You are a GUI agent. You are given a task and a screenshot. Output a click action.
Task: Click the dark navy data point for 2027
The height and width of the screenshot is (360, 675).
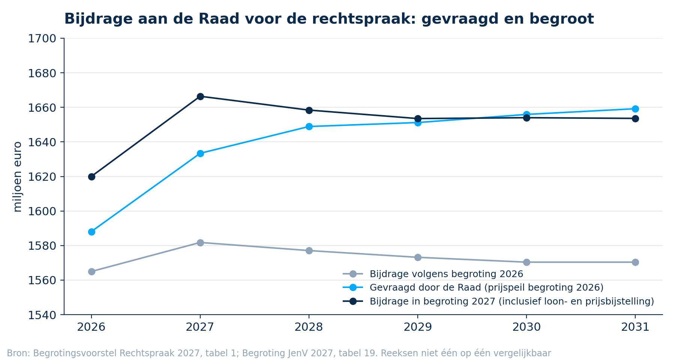point(200,96)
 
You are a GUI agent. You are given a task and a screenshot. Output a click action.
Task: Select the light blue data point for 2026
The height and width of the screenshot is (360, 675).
point(91,232)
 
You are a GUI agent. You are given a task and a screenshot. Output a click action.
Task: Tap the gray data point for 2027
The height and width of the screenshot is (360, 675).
point(200,243)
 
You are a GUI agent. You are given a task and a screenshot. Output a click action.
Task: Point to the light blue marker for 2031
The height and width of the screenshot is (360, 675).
point(635,109)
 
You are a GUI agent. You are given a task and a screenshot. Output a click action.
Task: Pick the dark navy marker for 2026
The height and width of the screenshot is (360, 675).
point(91,177)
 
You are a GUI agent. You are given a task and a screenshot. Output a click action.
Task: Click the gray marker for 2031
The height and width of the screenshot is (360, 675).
point(635,262)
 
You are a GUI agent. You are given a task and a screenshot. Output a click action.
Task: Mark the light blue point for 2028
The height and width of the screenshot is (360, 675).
point(309,126)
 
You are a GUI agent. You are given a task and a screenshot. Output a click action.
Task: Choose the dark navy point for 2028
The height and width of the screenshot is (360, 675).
point(309,110)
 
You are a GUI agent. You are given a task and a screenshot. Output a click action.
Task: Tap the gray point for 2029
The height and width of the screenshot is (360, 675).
point(418,257)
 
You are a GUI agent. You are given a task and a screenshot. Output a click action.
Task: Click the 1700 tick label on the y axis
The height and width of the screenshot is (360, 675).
point(42,39)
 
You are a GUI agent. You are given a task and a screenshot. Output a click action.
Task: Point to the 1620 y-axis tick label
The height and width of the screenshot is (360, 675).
point(42,177)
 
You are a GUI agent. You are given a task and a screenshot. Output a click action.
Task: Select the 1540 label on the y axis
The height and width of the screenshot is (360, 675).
point(42,315)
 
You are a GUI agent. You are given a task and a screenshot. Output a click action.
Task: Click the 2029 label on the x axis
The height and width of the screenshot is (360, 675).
point(418,327)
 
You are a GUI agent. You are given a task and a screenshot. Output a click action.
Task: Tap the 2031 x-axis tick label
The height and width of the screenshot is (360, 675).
point(635,327)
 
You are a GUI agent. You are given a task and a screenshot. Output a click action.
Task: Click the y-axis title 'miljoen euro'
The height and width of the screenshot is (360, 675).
point(17,177)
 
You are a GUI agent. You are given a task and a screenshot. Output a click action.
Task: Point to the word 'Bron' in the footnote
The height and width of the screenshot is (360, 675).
point(18,353)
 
